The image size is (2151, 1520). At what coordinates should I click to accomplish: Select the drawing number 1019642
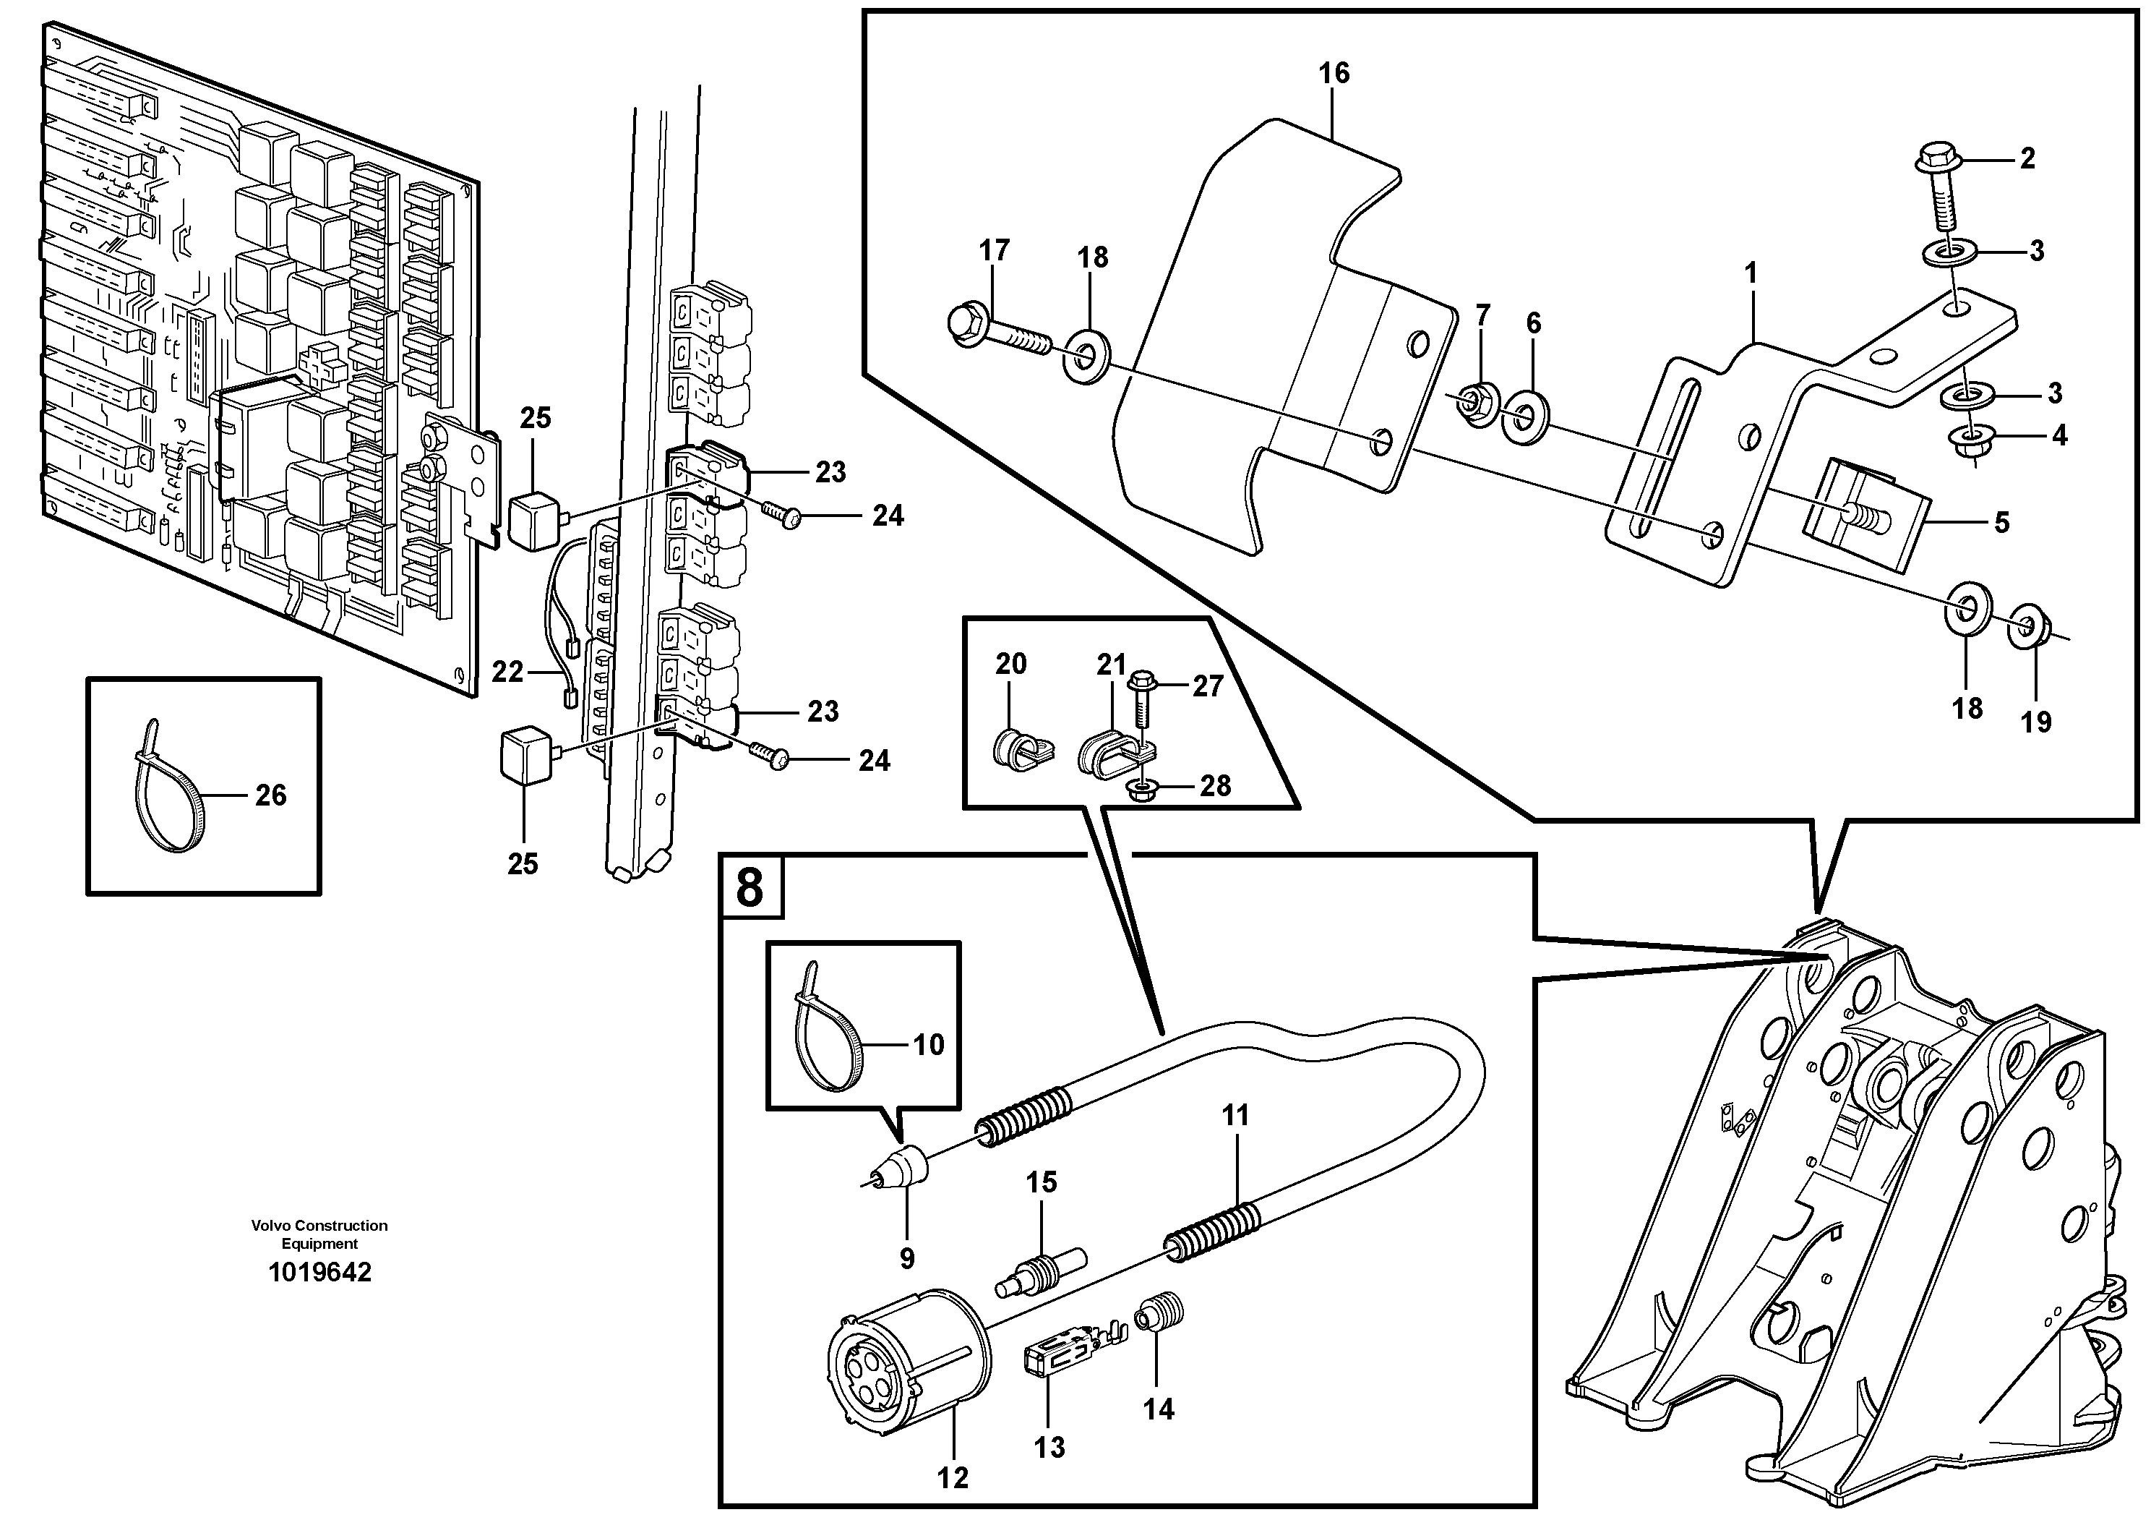pyautogui.click(x=319, y=1272)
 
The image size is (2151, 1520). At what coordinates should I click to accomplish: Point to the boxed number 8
pyautogui.click(x=750, y=886)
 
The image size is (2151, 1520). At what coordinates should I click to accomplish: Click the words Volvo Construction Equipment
pyautogui.click(x=319, y=1234)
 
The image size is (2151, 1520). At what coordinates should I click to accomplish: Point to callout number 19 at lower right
pyautogui.click(x=2035, y=722)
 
